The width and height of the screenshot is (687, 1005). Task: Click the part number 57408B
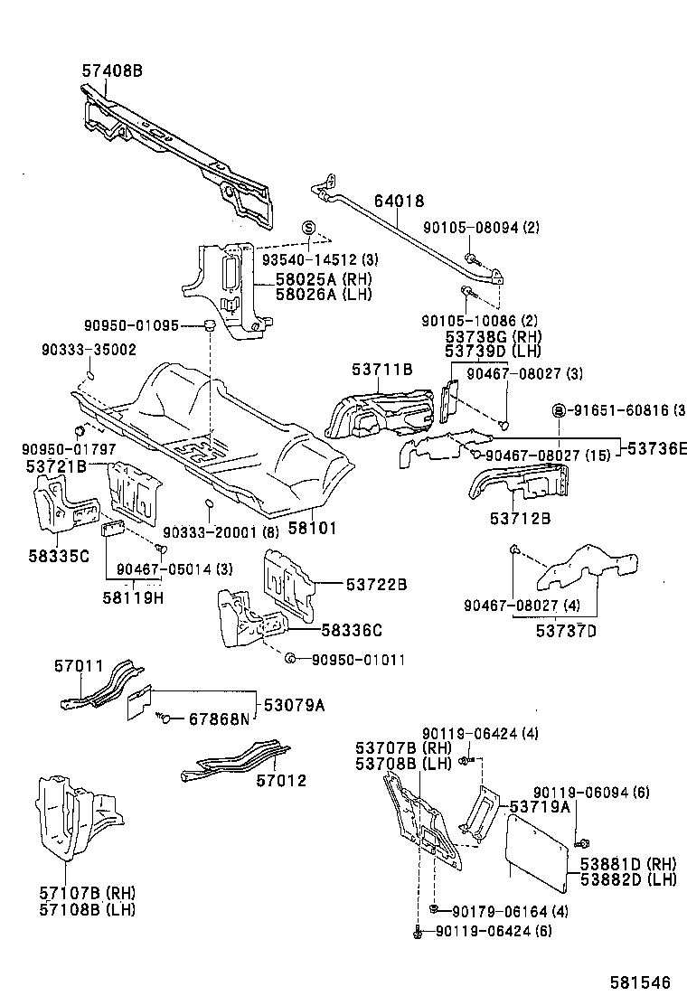(x=112, y=69)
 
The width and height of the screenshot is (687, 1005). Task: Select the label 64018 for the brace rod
(x=395, y=202)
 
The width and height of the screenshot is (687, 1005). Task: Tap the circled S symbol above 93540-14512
(x=308, y=226)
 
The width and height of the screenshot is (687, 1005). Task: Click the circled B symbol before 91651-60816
(x=559, y=410)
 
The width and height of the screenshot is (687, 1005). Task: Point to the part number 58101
(x=312, y=524)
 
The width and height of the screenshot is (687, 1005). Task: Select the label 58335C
(x=59, y=555)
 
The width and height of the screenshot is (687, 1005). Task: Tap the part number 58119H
(x=133, y=597)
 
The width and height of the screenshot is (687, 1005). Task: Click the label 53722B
(x=375, y=586)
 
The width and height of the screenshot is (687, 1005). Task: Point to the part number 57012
(x=280, y=780)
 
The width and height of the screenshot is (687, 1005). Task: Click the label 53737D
(x=567, y=630)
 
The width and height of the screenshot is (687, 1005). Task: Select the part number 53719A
(x=541, y=806)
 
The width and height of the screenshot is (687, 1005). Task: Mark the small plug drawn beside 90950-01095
(x=208, y=325)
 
